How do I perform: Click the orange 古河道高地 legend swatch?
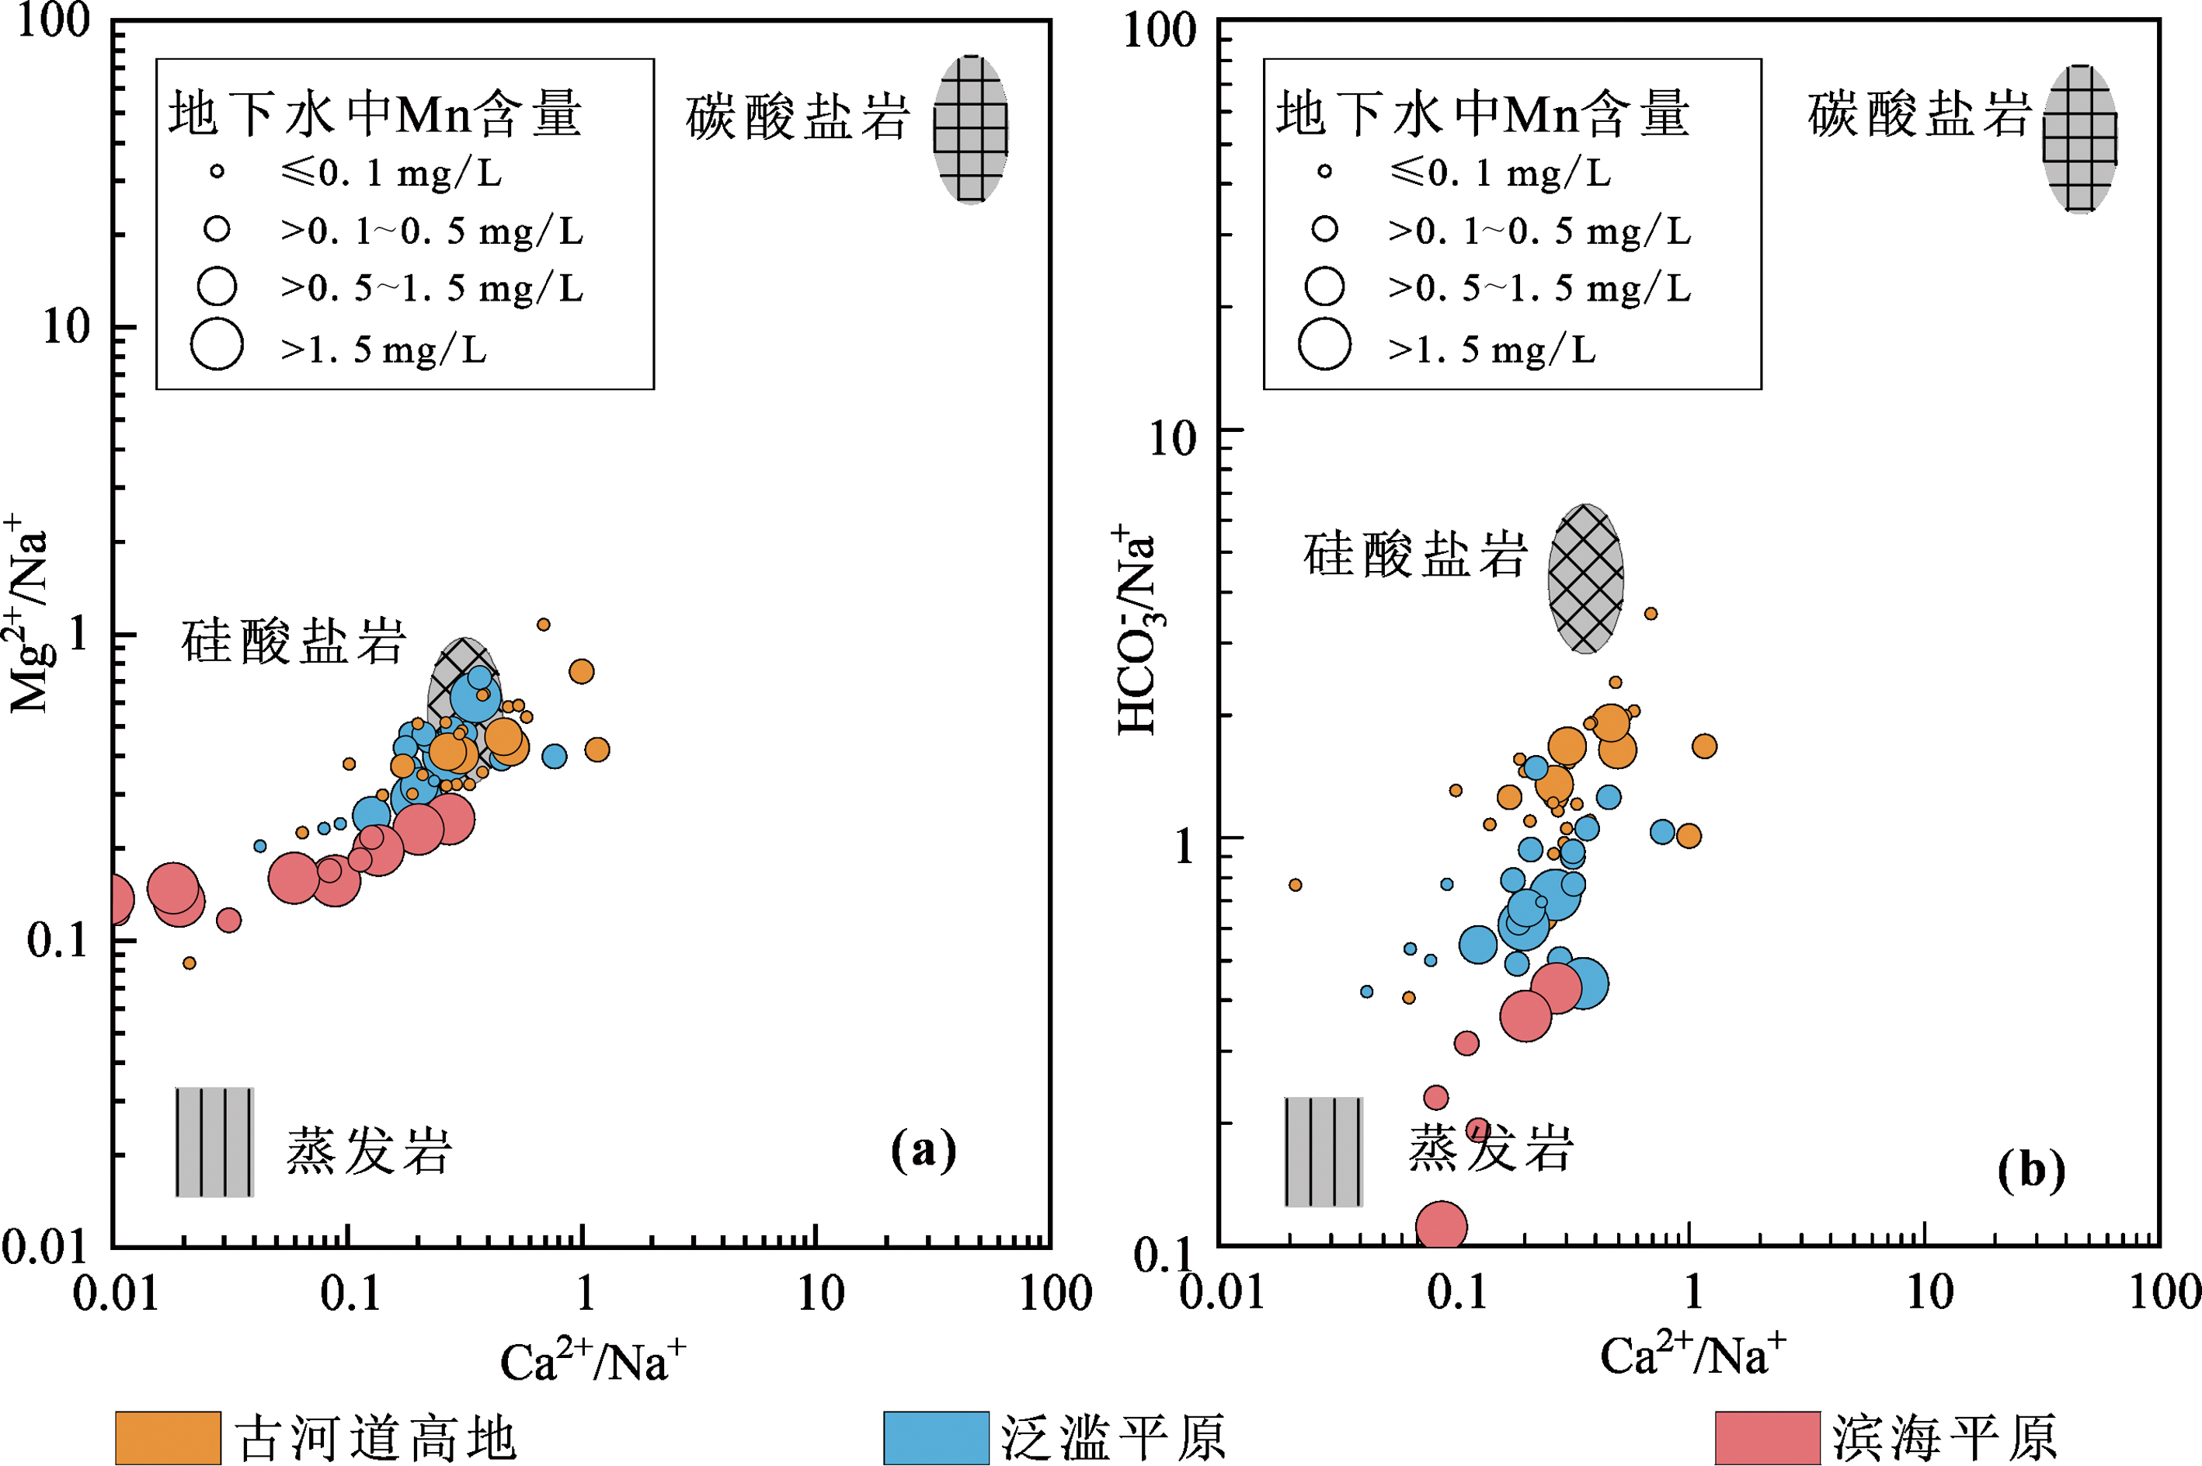(169, 1437)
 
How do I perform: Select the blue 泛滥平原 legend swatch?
(936, 1437)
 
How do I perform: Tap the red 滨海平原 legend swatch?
(1767, 1437)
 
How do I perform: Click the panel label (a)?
(924, 1149)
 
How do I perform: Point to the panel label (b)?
(2031, 1170)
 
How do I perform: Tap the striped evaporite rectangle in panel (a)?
(214, 1141)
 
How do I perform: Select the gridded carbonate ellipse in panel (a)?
(971, 129)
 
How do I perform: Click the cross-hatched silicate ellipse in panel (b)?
(1585, 579)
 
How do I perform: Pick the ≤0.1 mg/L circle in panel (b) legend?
(1324, 171)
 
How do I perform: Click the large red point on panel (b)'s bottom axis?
(1442, 1227)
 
